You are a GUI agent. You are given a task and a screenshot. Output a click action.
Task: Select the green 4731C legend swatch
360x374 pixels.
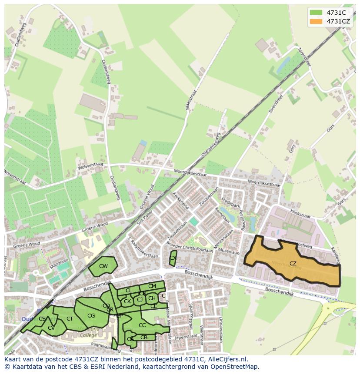click(316, 13)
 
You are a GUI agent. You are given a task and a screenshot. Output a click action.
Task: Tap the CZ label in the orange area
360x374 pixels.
click(293, 264)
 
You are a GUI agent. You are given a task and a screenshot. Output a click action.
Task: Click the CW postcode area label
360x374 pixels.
click(103, 266)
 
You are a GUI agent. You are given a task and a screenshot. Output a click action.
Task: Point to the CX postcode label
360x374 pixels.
click(173, 258)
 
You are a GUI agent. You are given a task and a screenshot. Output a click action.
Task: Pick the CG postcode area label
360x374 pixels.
click(91, 316)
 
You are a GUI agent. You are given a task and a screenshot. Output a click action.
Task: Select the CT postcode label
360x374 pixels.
click(70, 319)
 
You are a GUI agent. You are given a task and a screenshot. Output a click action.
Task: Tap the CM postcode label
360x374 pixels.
click(152, 286)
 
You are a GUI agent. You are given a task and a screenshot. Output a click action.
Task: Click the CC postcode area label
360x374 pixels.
click(142, 325)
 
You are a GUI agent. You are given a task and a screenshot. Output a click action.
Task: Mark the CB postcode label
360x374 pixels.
click(144, 338)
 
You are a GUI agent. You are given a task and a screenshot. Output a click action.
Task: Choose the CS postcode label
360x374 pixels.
click(42, 319)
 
